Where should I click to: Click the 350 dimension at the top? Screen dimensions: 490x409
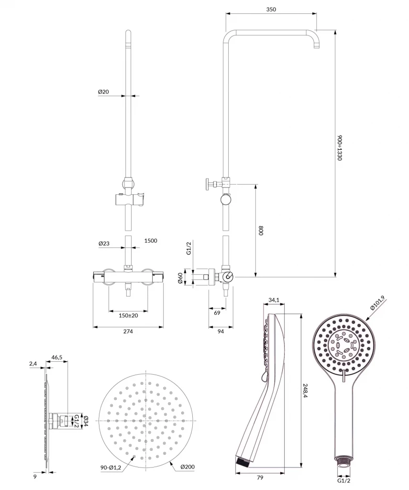tap(271, 9)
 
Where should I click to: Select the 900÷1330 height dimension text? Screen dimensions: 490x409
tap(340, 147)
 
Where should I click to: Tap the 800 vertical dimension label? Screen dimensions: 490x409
tap(261, 231)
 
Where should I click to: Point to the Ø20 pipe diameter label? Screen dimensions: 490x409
tap(104, 91)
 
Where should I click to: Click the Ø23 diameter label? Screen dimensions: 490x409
tap(104, 243)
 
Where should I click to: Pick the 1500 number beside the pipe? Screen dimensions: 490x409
tap(150, 241)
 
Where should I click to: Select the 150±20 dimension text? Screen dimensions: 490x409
tap(128, 315)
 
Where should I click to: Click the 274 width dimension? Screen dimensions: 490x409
tap(128, 331)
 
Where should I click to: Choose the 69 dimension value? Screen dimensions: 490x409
tap(217, 312)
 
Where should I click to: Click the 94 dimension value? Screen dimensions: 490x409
tap(221, 331)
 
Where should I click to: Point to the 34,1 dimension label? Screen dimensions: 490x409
tap(274, 300)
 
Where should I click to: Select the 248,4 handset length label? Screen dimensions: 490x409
tap(307, 393)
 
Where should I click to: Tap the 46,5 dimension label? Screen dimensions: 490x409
tap(57, 357)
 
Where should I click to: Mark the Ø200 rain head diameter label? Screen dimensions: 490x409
tap(187, 467)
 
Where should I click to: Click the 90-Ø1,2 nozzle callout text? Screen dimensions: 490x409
tap(110, 467)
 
